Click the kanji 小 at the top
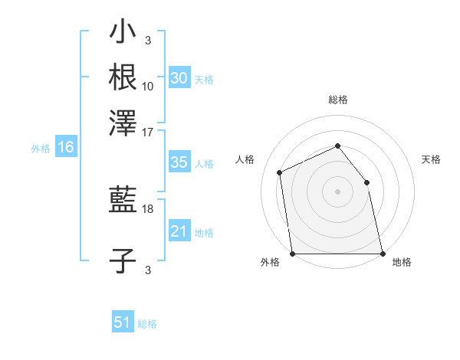tap(123, 34)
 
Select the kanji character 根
tap(123, 77)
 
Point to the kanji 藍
tap(123, 201)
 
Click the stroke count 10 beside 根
tap(148, 85)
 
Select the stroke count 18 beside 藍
tap(148, 208)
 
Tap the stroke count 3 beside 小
tap(148, 41)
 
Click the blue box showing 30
tap(179, 77)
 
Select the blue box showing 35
tap(179, 162)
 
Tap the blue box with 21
tap(179, 231)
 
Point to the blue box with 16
tap(65, 148)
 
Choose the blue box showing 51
tap(122, 322)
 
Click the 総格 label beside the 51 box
tap(147, 324)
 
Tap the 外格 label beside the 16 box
tap(41, 149)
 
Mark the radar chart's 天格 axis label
tap(431, 159)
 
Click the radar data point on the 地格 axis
tap(382, 253)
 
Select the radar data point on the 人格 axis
tap(280, 172)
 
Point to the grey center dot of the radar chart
tap(337, 191)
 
